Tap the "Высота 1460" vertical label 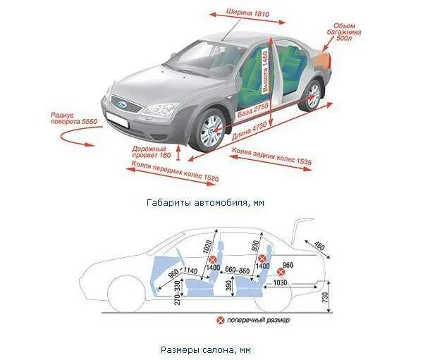point(266,70)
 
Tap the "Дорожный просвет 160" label point(152,151)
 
